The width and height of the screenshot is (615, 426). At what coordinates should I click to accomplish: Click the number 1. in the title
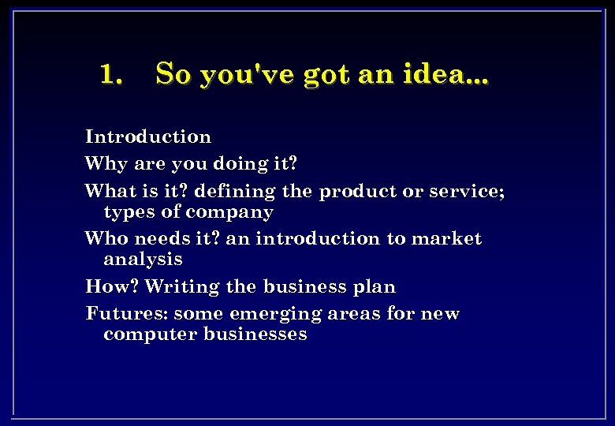pos(111,74)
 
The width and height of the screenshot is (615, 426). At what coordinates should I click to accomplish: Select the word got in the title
pos(326,76)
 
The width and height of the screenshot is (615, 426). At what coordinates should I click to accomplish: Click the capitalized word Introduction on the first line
pos(148,136)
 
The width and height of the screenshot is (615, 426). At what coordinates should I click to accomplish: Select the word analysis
pos(143,260)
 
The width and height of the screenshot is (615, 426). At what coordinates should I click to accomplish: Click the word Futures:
pos(126,313)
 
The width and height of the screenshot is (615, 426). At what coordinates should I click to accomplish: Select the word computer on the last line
pos(151,334)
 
